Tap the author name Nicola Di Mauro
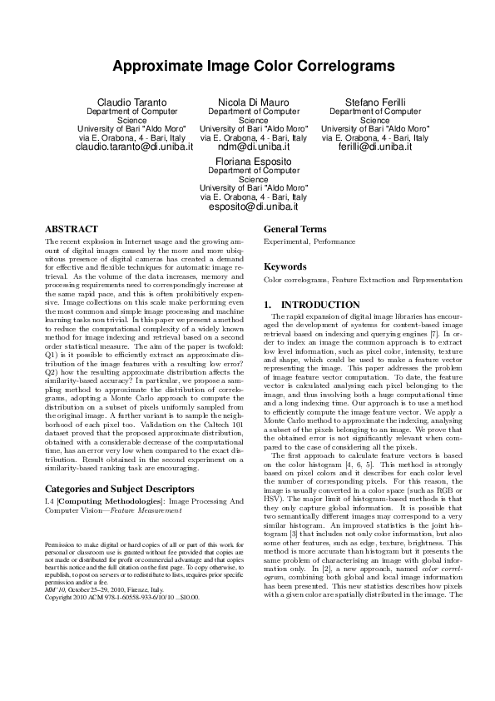coord(254,102)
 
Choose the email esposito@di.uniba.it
coord(254,206)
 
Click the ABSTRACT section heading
coord(71,228)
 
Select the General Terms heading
coord(295,229)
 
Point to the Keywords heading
coord(285,267)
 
